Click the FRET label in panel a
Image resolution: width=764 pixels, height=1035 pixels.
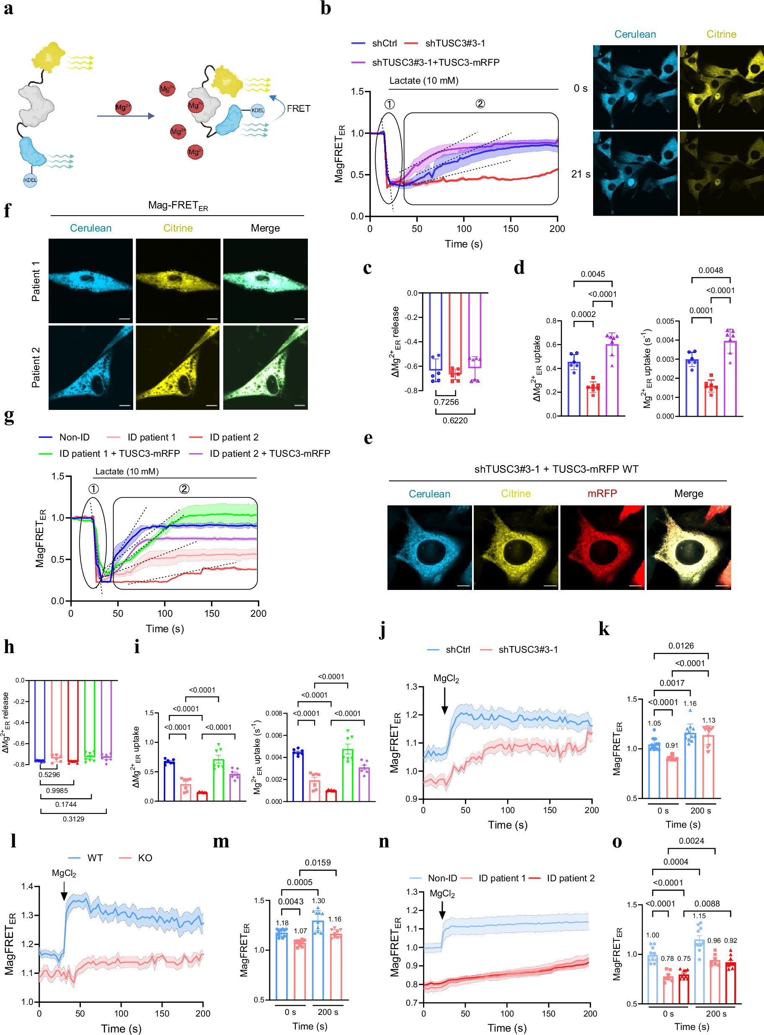[298, 108]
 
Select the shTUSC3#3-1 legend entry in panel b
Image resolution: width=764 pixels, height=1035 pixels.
[454, 44]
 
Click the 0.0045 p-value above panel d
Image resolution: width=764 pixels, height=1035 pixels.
[592, 274]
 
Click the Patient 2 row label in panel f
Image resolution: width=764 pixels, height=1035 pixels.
[36, 368]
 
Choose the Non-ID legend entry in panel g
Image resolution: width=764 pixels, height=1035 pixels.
[74, 437]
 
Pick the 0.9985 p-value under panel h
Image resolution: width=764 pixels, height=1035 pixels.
[57, 790]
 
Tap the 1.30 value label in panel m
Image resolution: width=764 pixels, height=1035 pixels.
[318, 901]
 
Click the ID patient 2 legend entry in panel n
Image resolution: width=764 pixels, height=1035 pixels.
[570, 878]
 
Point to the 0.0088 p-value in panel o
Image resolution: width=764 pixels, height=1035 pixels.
[707, 904]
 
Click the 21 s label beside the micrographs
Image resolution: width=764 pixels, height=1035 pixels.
[581, 174]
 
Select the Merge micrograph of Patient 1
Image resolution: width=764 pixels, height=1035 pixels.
[266, 281]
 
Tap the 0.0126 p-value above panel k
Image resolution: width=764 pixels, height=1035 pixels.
[681, 646]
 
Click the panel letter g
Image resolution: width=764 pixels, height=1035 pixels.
[9, 416]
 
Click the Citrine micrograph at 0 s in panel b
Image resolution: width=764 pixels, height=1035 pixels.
[721, 88]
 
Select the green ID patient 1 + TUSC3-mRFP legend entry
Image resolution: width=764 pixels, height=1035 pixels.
[119, 453]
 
